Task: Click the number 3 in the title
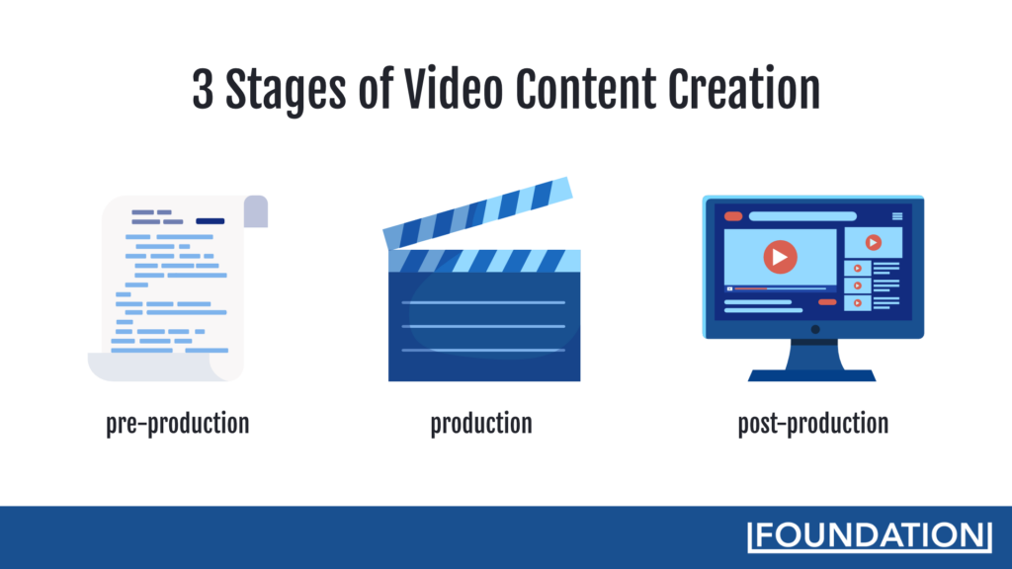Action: coord(204,90)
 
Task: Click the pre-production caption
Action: coord(178,424)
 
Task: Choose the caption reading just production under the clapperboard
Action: coord(481,424)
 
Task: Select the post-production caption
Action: coord(812,424)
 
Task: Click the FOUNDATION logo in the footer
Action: coord(870,534)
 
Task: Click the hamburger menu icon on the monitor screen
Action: coord(897,215)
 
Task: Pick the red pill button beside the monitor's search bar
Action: coord(733,215)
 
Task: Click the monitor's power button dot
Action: coord(814,329)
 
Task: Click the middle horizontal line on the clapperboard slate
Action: coord(484,326)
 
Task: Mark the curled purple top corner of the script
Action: coord(256,211)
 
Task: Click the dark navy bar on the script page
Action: coord(210,220)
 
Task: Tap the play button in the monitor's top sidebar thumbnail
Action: coord(873,242)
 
